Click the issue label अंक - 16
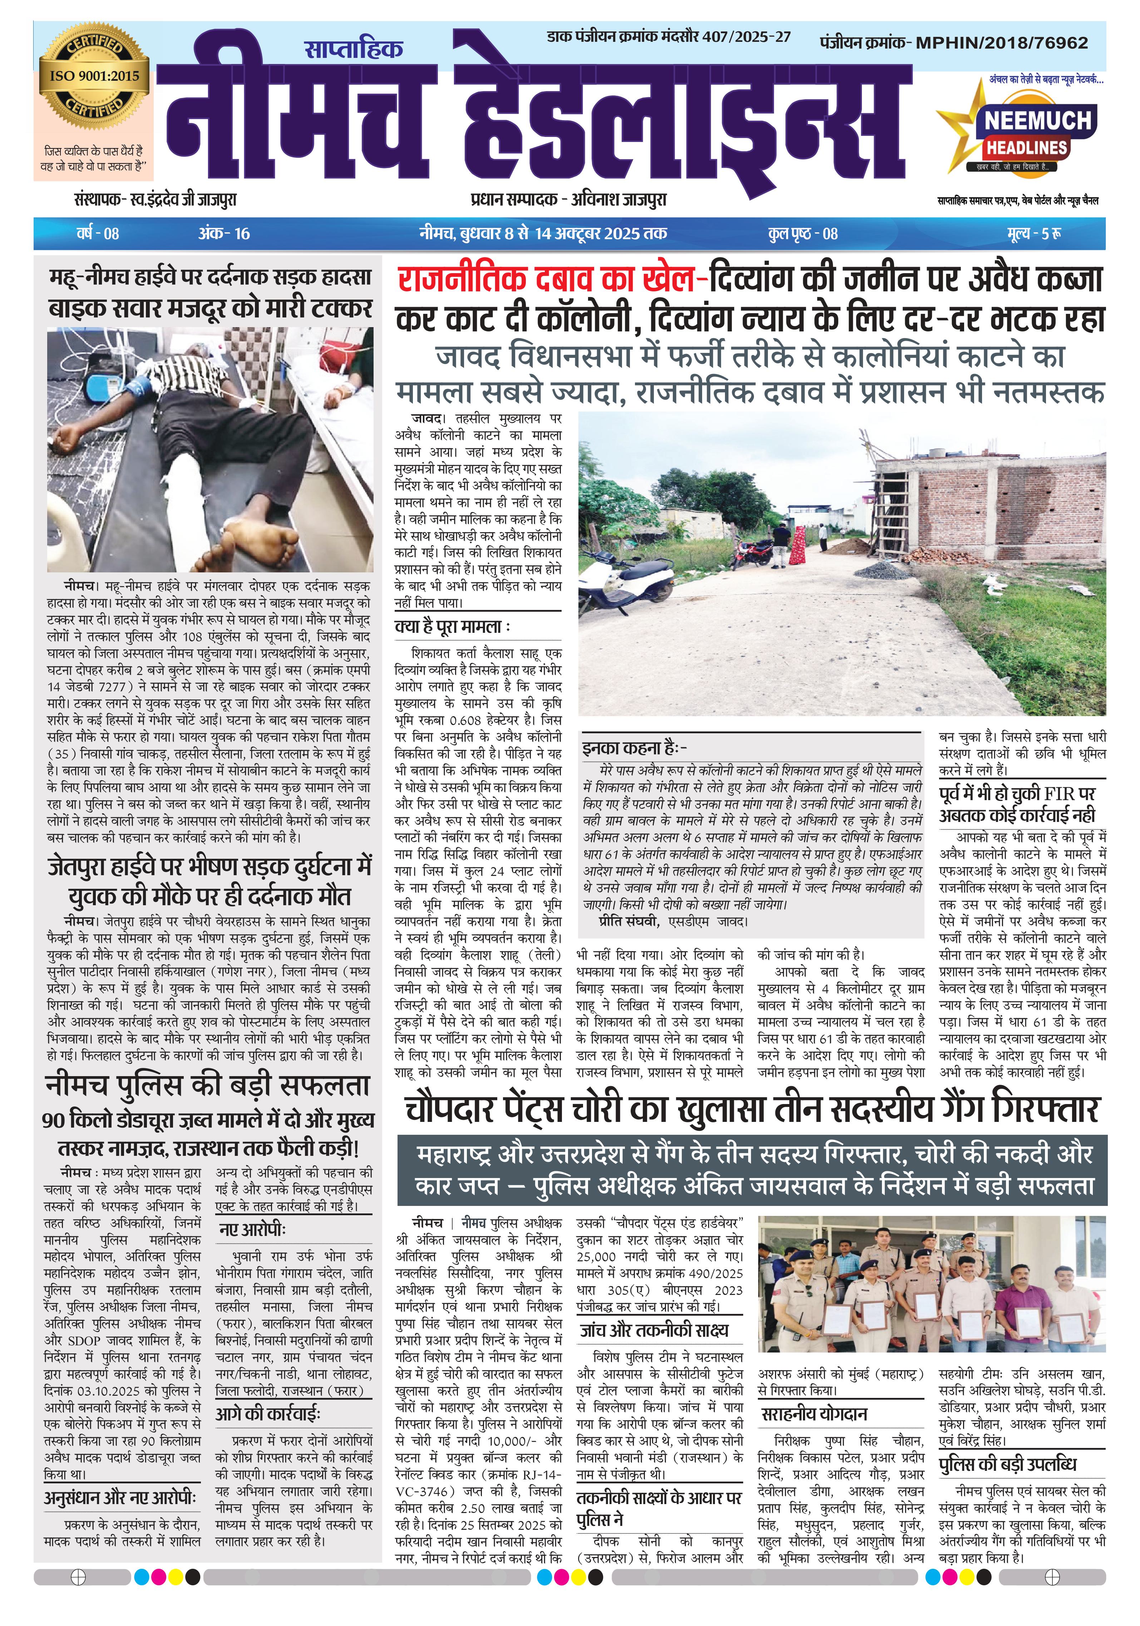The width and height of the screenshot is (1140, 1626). (224, 233)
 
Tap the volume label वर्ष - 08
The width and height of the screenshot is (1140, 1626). (98, 233)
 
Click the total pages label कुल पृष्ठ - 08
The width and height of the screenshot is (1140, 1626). (802, 233)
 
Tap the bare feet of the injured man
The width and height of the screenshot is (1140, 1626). (258, 536)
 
